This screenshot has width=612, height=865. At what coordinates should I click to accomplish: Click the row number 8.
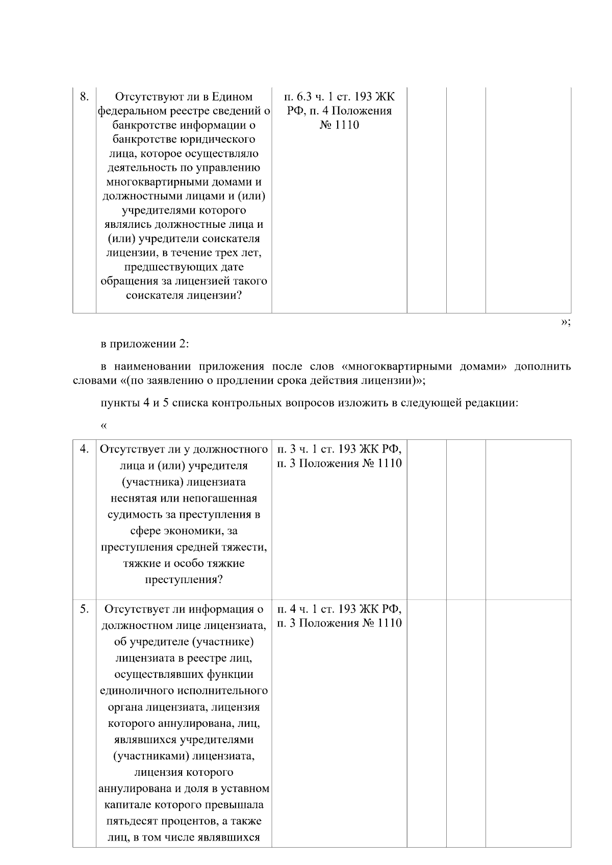[85, 96]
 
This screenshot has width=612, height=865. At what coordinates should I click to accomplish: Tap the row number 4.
[85, 449]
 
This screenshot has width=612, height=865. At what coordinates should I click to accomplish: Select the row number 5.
[85, 609]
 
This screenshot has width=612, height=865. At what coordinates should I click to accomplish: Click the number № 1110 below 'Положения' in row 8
[339, 125]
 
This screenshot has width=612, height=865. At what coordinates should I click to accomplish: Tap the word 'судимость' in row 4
[132, 514]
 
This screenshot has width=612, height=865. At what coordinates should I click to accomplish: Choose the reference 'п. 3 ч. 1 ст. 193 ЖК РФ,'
[339, 449]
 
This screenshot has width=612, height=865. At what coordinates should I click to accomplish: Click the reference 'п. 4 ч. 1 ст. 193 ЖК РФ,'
[339, 609]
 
